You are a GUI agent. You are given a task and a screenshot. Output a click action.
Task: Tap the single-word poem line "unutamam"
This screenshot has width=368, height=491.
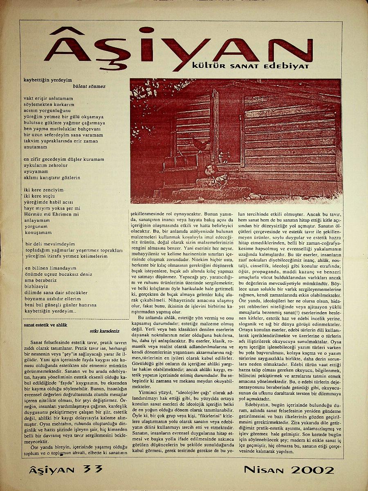click(x=36, y=146)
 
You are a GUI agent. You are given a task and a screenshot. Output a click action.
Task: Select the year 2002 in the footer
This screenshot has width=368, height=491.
click(x=313, y=470)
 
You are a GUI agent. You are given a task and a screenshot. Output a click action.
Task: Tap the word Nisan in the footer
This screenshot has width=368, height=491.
click(x=265, y=470)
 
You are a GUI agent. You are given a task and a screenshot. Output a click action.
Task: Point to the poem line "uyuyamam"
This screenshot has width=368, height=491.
click(x=35, y=171)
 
